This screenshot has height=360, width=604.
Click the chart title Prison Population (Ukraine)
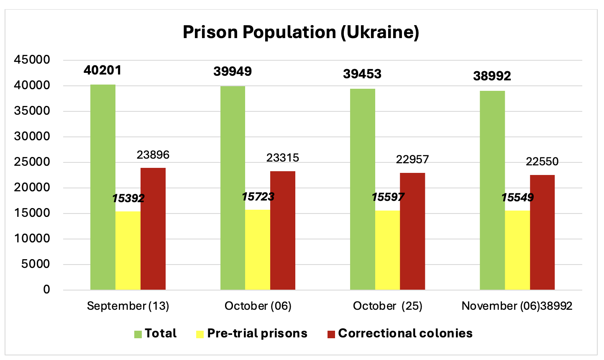(301, 32)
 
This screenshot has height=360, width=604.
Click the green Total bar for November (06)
(492, 190)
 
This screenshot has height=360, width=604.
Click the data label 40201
(102, 70)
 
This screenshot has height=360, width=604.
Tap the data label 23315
(283, 157)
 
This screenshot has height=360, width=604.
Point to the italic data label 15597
(388, 197)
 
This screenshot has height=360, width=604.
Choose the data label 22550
(542, 162)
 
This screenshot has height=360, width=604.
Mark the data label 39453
(362, 74)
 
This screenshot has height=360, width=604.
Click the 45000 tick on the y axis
(32, 60)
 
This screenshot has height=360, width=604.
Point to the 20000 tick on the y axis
(32, 188)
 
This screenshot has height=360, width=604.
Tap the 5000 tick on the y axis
(35, 265)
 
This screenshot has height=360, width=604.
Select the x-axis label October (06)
(258, 306)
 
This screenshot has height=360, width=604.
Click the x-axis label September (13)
(128, 306)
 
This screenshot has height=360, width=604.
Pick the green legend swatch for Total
(138, 334)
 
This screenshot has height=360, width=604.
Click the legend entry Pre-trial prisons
(257, 334)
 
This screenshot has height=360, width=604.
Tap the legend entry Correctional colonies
(405, 334)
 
